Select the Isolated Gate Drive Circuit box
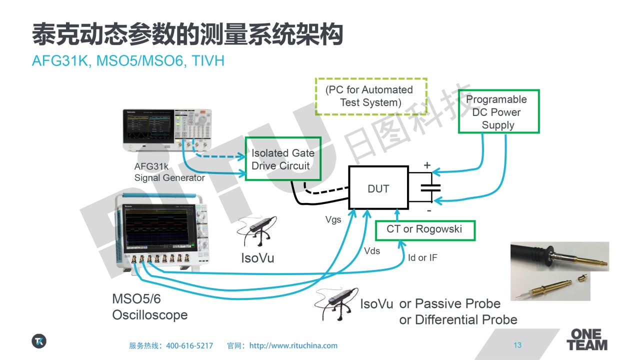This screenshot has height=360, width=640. pos(282,159)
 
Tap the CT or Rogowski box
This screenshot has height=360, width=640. pos(424,229)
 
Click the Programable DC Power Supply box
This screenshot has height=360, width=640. pos(498,112)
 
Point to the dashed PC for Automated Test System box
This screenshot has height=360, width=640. pos(370,96)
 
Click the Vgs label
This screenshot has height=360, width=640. pos(333,219)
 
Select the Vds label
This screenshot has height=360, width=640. pos(371,251)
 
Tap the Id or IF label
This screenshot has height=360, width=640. pos(422,258)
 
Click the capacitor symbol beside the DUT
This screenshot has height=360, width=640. pos(430,188)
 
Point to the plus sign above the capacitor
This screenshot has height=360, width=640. pos(427,165)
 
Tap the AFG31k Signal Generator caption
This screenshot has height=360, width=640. pos(169,172)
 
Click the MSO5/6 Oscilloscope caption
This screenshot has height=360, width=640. pos(149,307)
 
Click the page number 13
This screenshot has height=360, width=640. pos(517,345)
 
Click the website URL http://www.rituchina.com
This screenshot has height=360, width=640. pos(293,345)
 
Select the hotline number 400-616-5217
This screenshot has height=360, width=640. pos(189,345)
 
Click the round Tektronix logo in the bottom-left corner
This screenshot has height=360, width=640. pos(39,341)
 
